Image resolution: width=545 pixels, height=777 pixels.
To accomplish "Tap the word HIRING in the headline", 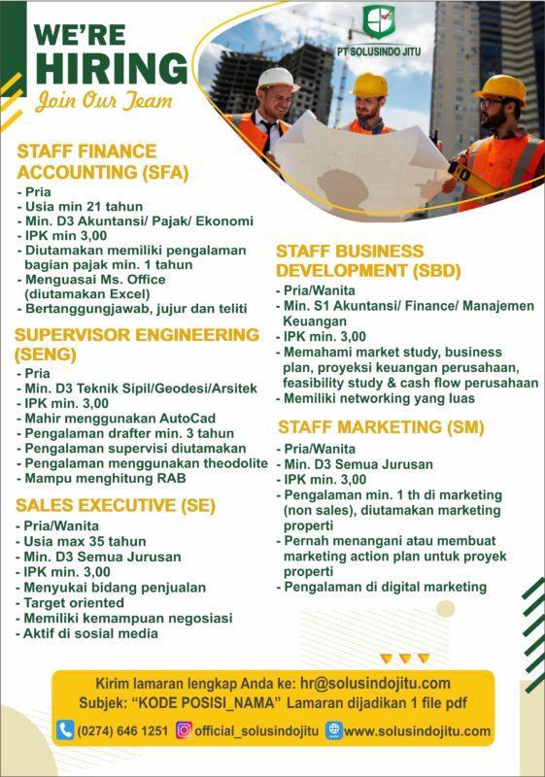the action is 111,68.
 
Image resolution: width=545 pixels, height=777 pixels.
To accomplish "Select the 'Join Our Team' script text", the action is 104,101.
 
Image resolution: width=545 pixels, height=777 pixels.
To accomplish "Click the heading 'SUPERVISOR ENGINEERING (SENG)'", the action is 137,344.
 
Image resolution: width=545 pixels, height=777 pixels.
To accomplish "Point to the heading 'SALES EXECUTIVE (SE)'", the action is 115,505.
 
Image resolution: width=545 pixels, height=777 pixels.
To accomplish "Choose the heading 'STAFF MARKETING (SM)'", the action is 381,427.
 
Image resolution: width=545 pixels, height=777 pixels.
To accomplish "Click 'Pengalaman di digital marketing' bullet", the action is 385,587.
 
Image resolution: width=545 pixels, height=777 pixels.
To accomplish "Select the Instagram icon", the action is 183,730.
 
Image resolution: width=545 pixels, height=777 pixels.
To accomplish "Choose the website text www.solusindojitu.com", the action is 417,731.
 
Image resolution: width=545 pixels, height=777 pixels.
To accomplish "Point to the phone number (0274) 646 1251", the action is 121,731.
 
